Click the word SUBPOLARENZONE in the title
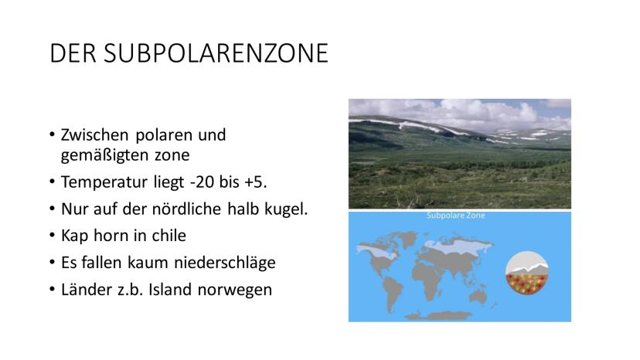coord(216,53)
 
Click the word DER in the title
coord(73,53)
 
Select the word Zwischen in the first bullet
coord(95,134)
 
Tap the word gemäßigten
coord(104,155)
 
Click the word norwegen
coord(235,290)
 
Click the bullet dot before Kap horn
coord(52,236)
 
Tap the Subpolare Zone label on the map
coord(456,215)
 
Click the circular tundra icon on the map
coord(527,273)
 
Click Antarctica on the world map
coord(439,315)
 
